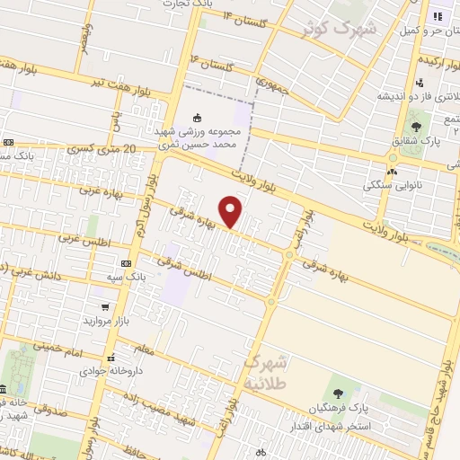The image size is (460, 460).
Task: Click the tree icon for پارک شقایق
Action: click(415, 127)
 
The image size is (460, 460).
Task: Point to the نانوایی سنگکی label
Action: click(390, 186)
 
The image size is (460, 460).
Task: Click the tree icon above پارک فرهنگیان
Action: click(338, 394)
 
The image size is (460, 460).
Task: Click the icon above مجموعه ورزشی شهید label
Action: click(198, 117)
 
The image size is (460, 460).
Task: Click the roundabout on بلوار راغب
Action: click(289, 256)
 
